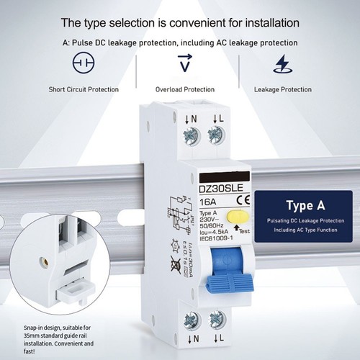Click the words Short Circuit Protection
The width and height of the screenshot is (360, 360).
83,91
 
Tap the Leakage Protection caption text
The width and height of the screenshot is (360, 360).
282,91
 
